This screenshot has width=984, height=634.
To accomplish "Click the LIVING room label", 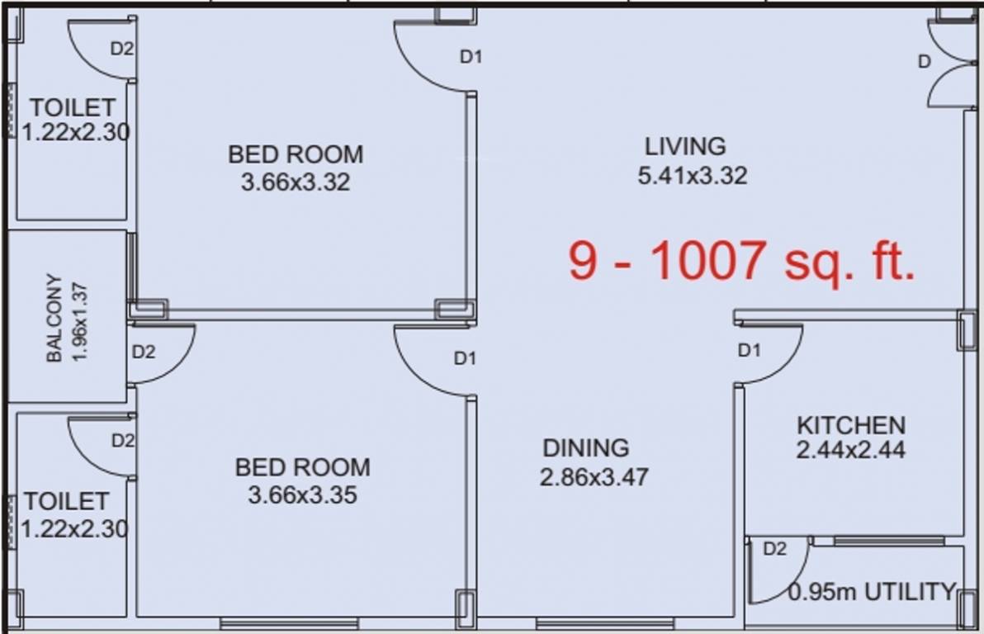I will pyautogui.click(x=685, y=146).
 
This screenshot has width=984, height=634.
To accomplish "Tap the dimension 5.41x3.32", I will pyautogui.click(x=692, y=176).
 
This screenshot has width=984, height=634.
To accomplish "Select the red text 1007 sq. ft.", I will pyautogui.click(x=782, y=261).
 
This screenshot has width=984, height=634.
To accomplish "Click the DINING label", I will pyautogui.click(x=585, y=448).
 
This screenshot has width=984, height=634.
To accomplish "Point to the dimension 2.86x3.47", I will pyautogui.click(x=594, y=477).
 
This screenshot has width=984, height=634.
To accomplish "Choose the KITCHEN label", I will pyautogui.click(x=850, y=425).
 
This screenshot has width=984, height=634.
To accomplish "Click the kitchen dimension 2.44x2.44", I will pyautogui.click(x=850, y=451).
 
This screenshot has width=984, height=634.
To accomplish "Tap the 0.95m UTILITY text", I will pyautogui.click(x=871, y=592).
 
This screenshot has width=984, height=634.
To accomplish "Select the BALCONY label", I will pyautogui.click(x=54, y=318).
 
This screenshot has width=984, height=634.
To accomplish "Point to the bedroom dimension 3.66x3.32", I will pyautogui.click(x=295, y=182).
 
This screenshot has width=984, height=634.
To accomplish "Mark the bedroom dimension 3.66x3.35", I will pyautogui.click(x=302, y=495).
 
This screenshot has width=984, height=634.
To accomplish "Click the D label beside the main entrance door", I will pyautogui.click(x=925, y=61).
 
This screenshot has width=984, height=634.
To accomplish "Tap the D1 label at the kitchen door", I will pyautogui.click(x=749, y=351).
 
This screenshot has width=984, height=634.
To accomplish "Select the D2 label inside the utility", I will pyautogui.click(x=774, y=549).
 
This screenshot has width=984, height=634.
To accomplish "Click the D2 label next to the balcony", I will pyautogui.click(x=144, y=352).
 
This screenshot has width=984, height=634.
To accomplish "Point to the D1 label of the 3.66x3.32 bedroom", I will pyautogui.click(x=471, y=57).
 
